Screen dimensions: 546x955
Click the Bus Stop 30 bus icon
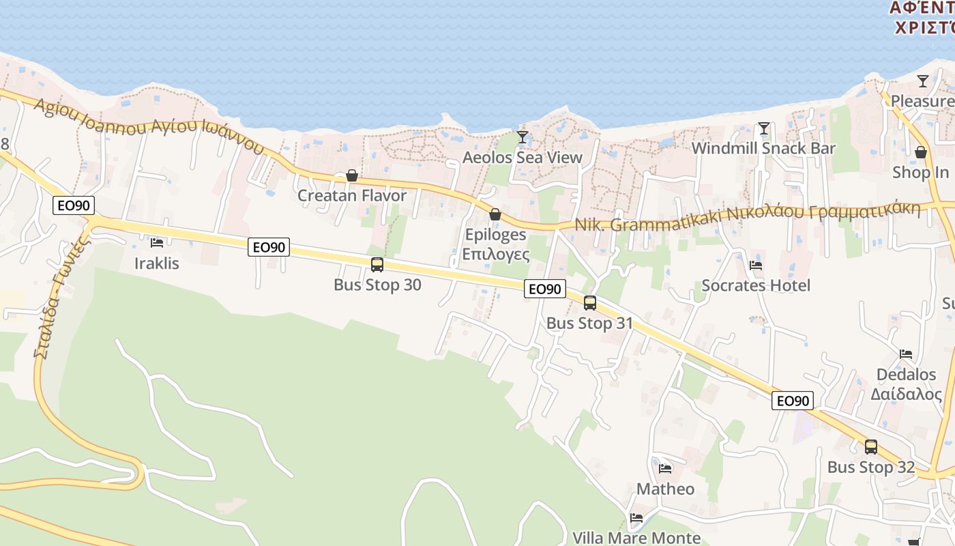(x=377, y=265)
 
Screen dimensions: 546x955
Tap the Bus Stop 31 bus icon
(x=590, y=303)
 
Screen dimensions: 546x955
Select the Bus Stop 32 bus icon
(x=871, y=447)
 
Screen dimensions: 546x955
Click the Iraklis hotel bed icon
(x=157, y=242)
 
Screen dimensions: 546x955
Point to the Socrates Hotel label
(x=756, y=285)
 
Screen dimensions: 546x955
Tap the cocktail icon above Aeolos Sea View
(x=523, y=136)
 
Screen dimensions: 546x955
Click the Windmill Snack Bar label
(x=763, y=148)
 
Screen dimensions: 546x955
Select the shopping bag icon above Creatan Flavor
(x=352, y=175)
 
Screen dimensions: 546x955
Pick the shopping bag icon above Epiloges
(x=495, y=214)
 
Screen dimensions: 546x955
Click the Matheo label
(x=665, y=489)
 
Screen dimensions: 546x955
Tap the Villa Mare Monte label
(x=636, y=538)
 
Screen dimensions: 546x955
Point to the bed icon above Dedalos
(x=906, y=354)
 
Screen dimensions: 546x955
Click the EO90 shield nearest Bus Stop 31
(x=545, y=289)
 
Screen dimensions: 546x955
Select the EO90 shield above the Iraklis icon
(x=74, y=205)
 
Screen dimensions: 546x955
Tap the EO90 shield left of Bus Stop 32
(x=793, y=401)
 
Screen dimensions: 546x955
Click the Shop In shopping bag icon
(x=921, y=152)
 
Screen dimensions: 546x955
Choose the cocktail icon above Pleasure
(x=923, y=81)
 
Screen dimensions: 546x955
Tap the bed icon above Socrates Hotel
(x=755, y=265)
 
